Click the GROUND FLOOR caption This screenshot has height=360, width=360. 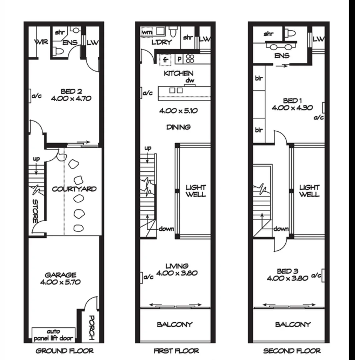pos(64,351)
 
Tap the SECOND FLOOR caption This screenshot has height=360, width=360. pos(292,351)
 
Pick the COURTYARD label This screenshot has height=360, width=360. pos(74,189)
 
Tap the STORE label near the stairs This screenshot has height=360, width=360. pos(35,211)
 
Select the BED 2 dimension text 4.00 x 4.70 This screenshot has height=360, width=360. pos(71,98)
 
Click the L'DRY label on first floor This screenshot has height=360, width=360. pos(162,42)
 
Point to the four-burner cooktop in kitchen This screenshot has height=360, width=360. pos(190,59)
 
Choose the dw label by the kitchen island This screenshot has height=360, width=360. pos(190,81)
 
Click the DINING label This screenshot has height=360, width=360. pos(178,127)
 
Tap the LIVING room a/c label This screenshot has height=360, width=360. pos(148,277)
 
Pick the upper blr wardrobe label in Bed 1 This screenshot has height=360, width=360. pos(259,78)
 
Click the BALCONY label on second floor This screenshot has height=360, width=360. pos(293,324)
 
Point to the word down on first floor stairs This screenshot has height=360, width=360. pos(166,229)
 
